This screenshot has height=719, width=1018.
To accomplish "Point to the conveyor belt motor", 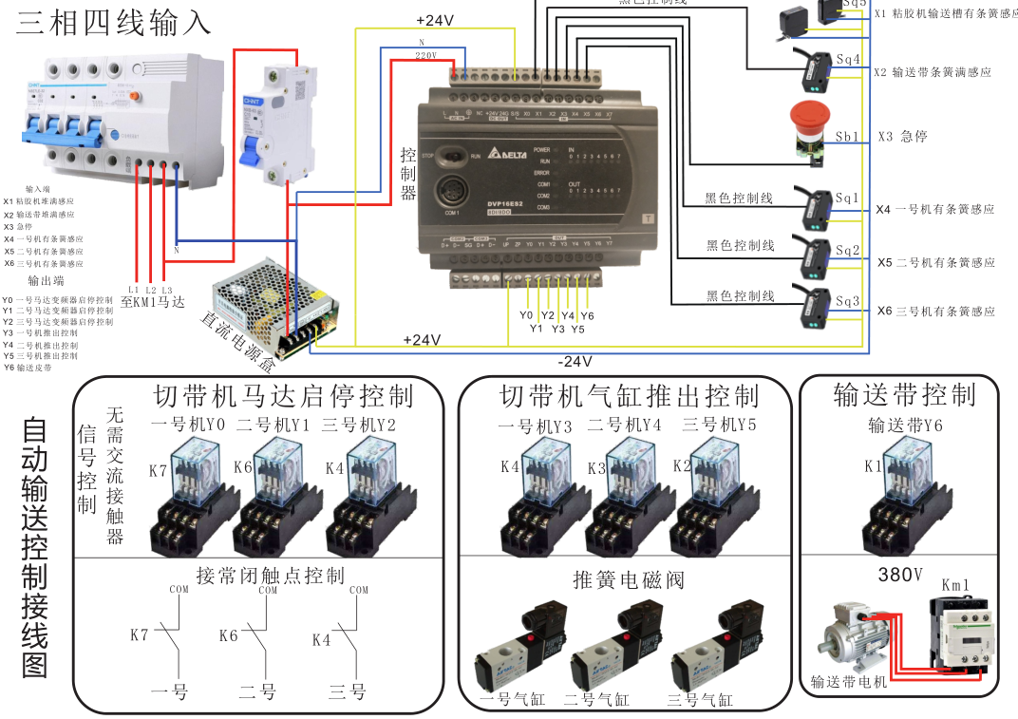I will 855,638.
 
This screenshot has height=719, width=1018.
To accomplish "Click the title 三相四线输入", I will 114,22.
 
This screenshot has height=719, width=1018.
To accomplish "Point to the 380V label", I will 900,576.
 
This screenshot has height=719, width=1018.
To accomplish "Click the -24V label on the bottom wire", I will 575,362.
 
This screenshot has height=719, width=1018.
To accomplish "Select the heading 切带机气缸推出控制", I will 629,394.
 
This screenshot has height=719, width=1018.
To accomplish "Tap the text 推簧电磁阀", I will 629,579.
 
